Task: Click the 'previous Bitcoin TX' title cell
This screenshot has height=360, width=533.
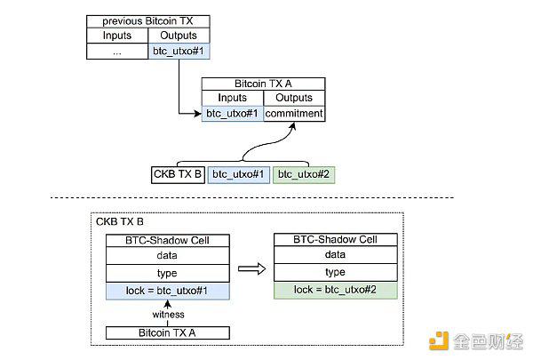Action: pyautogui.click(x=147, y=21)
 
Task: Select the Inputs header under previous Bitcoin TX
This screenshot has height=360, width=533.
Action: pyautogui.click(x=117, y=36)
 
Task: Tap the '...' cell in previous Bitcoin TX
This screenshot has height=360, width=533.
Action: pyautogui.click(x=117, y=52)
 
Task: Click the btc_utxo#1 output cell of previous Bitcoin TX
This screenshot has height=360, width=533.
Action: pyautogui.click(x=179, y=52)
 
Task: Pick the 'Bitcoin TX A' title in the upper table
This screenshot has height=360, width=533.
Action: pyautogui.click(x=263, y=84)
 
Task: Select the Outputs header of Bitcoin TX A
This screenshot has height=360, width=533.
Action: pyautogui.click(x=294, y=98)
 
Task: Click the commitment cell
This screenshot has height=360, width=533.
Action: pyautogui.click(x=294, y=114)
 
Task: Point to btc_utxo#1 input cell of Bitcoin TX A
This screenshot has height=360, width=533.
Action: pyautogui.click(x=233, y=114)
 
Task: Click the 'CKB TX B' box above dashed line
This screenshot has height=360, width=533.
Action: pyautogui.click(x=178, y=174)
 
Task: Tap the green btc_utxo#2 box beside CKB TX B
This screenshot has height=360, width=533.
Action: pyautogui.click(x=304, y=174)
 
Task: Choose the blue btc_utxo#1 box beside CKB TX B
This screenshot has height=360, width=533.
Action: pyautogui.click(x=239, y=174)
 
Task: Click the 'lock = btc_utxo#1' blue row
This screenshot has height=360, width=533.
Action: pyautogui.click(x=168, y=291)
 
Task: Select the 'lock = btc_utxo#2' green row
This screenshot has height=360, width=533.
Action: pyautogui.click(x=336, y=290)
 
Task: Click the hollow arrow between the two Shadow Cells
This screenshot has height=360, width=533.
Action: pyautogui.click(x=251, y=268)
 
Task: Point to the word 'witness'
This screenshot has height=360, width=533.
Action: pyautogui.click(x=168, y=315)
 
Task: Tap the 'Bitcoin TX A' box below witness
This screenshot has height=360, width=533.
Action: pyautogui.click(x=168, y=332)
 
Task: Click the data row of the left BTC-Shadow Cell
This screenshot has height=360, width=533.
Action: pyautogui.click(x=168, y=255)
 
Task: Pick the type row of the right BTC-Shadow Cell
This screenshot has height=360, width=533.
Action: pyautogui.click(x=336, y=272)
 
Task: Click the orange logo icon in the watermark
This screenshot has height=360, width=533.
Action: pyautogui.click(x=439, y=340)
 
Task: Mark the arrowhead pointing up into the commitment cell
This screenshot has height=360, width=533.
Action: pyautogui.click(x=293, y=126)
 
